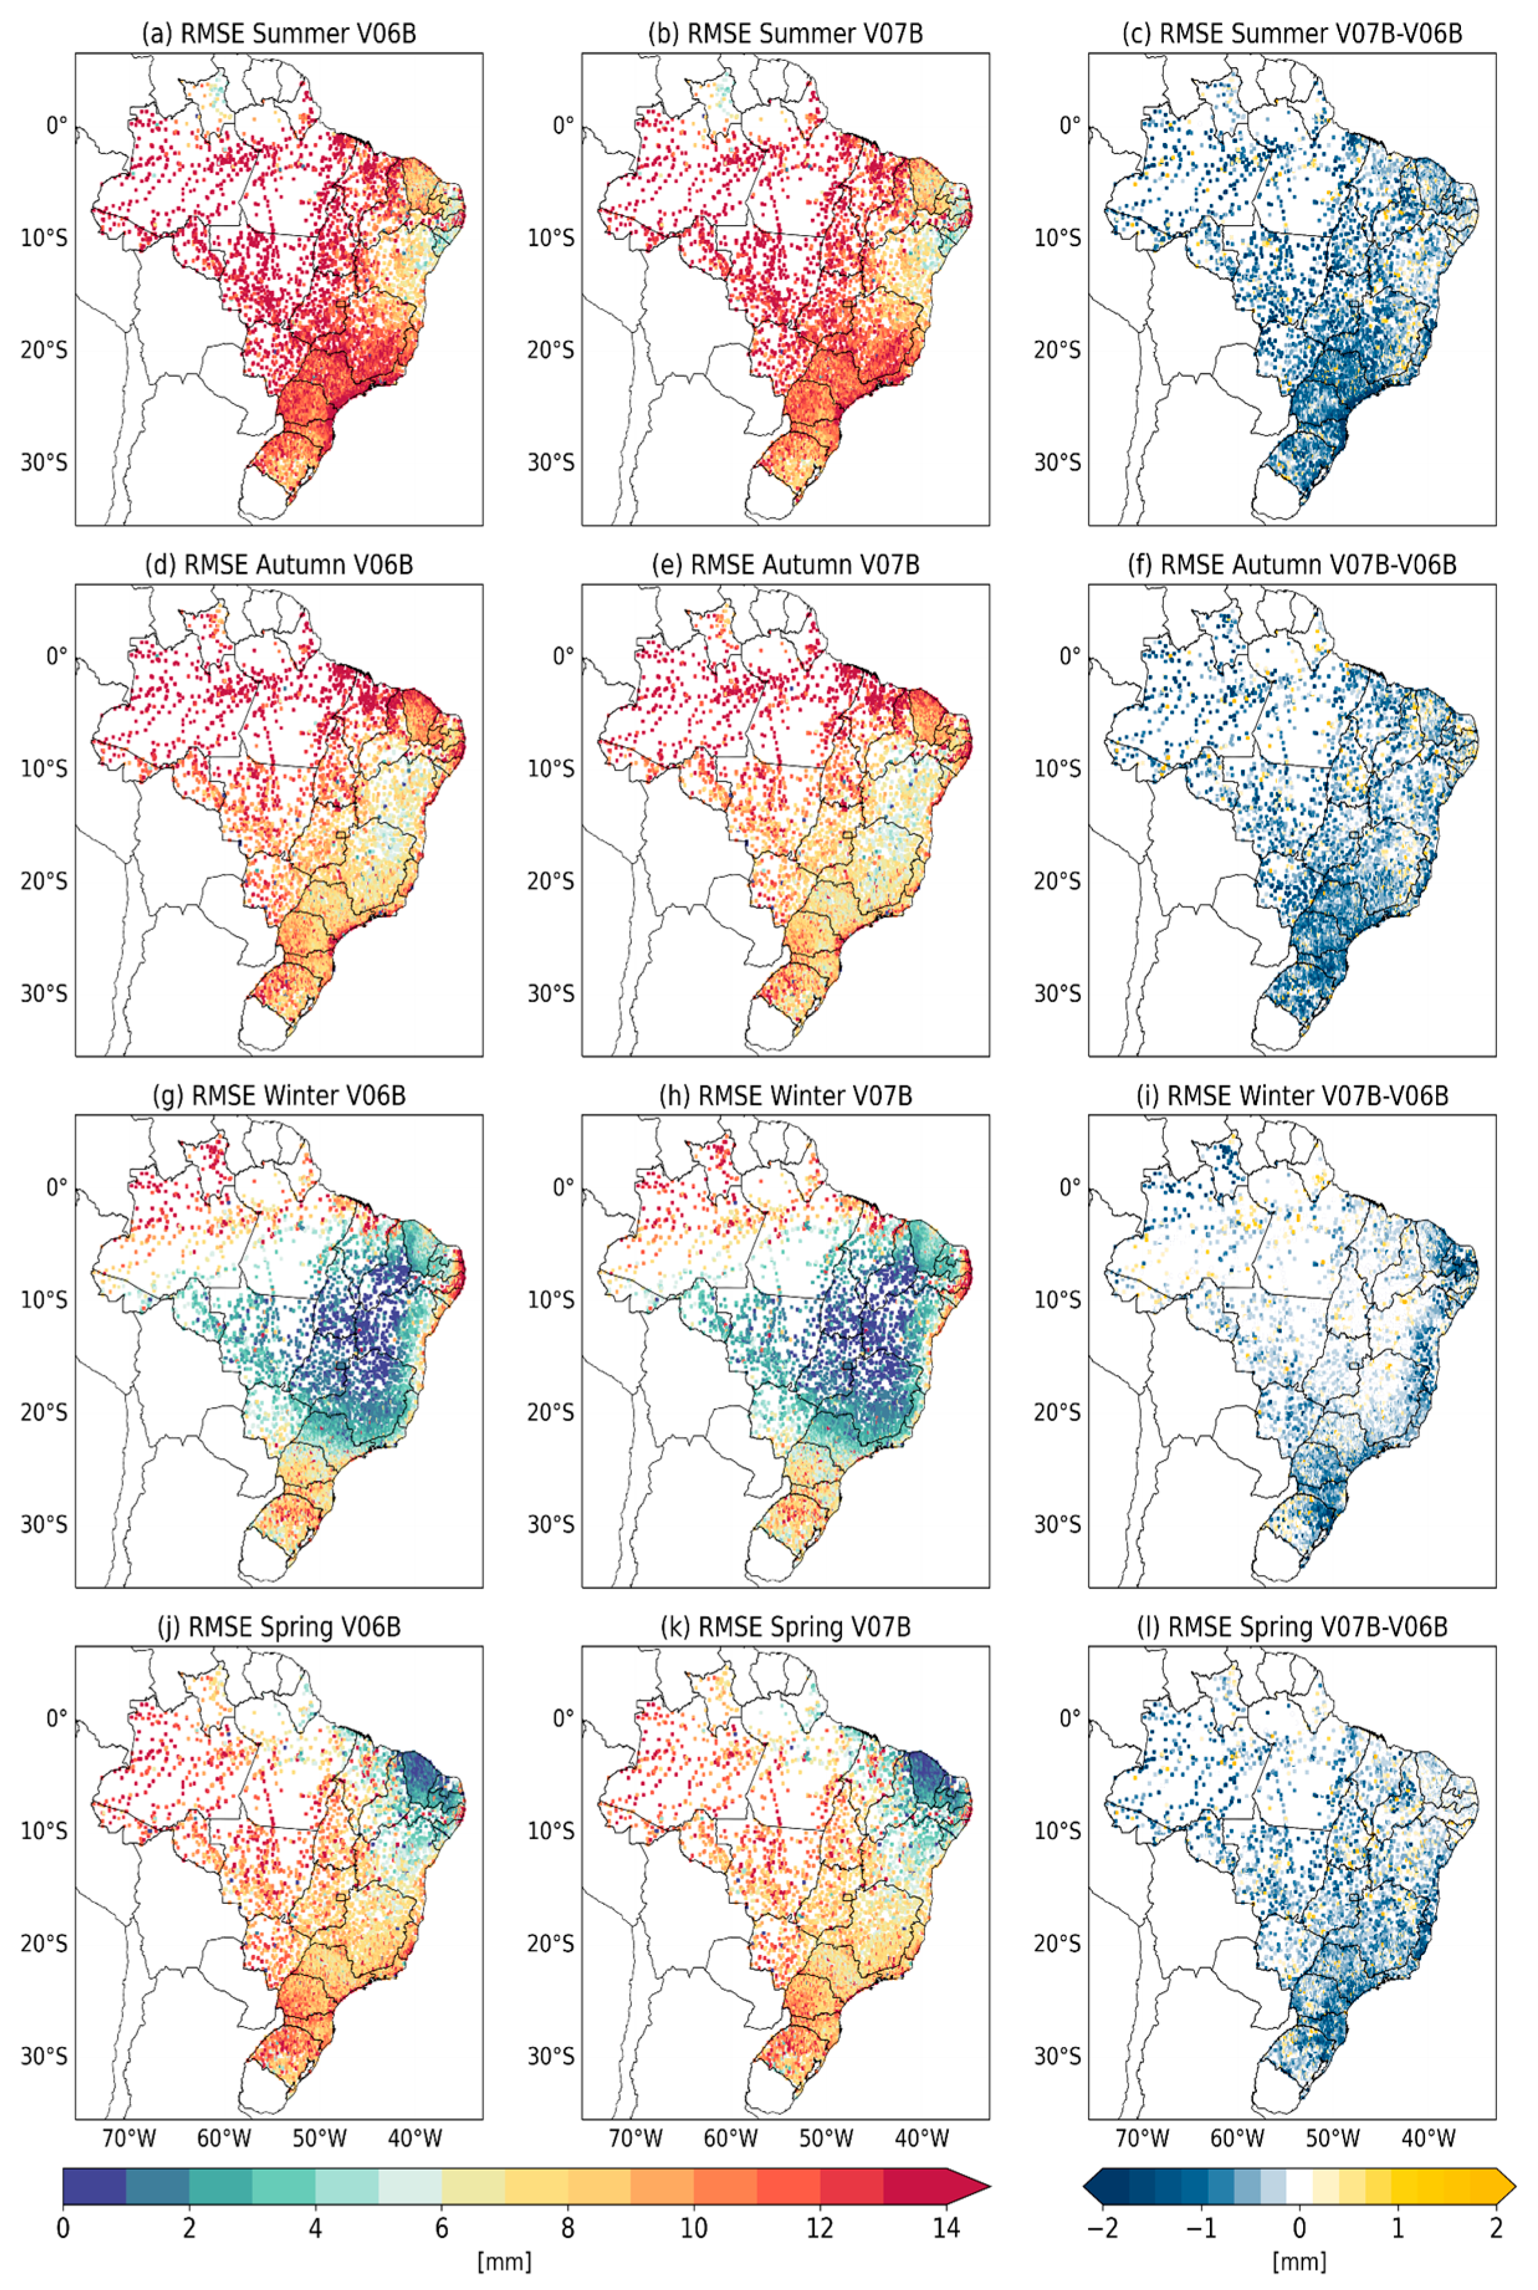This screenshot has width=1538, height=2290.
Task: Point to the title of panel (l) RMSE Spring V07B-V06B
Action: [1293, 1627]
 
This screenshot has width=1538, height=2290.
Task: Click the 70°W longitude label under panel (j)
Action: [129, 2138]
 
